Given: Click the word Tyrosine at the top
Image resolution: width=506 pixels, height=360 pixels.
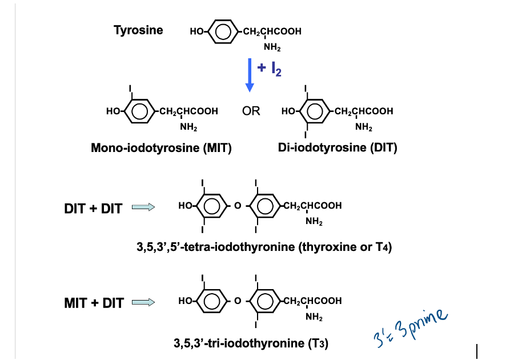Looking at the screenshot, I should click(138, 30).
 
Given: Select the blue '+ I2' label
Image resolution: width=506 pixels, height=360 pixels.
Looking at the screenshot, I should click(269, 69).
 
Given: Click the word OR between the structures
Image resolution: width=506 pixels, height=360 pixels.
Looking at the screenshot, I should click(251, 111).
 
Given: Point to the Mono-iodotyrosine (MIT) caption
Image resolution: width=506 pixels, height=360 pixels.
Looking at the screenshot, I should click(161, 148).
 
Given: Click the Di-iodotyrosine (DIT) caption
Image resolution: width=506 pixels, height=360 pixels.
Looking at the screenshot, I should click(338, 148).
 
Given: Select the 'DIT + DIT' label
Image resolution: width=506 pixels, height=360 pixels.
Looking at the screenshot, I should click(93, 209).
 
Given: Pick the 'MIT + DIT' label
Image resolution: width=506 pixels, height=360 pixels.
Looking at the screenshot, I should click(94, 303).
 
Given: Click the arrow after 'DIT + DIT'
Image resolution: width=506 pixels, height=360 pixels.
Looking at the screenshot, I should click(143, 208).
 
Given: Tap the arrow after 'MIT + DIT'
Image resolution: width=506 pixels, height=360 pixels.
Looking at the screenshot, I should click(143, 302).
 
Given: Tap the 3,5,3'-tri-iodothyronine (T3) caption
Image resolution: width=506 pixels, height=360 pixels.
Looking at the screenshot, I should click(251, 343).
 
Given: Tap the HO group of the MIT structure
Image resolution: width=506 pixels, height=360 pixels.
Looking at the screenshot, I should click(113, 111).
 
